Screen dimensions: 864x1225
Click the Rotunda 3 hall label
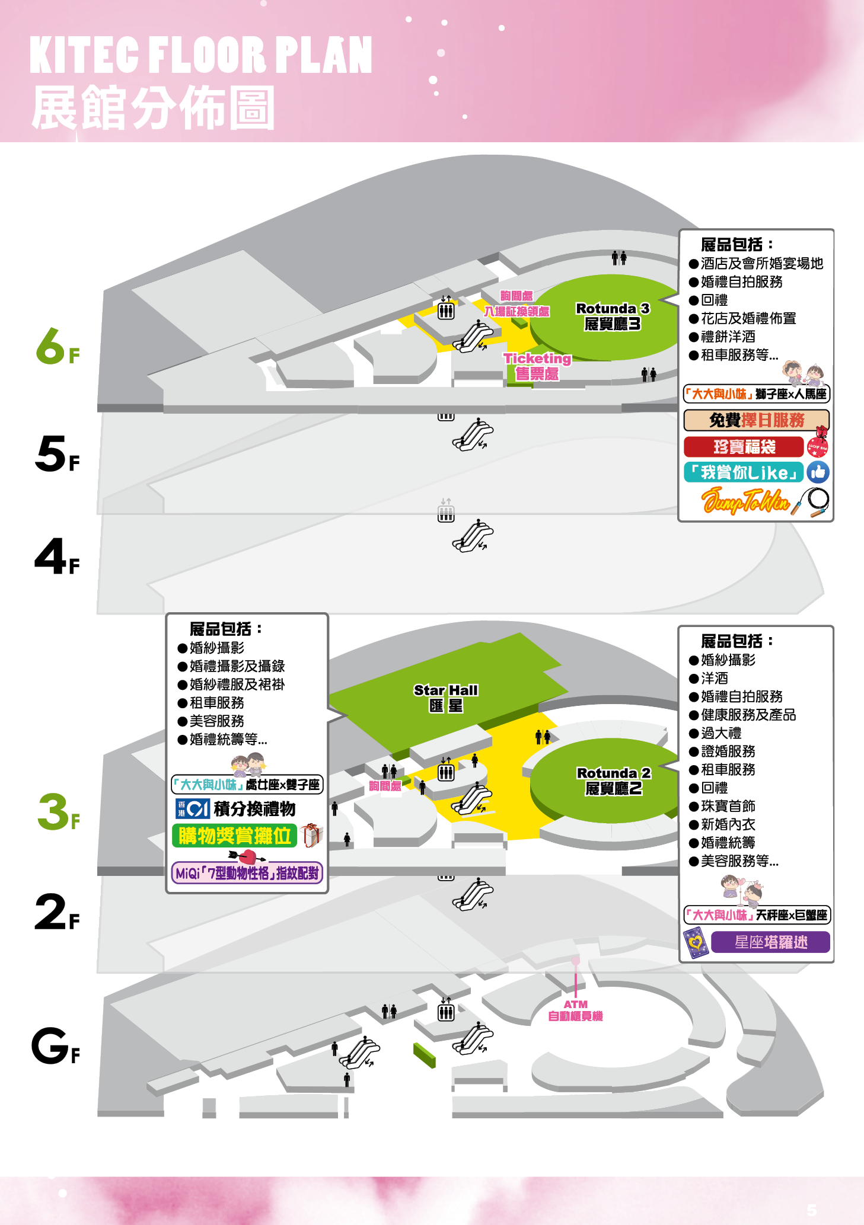pyautogui.click(x=613, y=316)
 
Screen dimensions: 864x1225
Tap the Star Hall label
pyautogui.click(x=446, y=698)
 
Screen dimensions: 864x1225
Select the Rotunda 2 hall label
pyautogui.click(x=614, y=781)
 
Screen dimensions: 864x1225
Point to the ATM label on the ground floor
pyautogui.click(x=575, y=1010)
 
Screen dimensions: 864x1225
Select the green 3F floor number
pyautogui.click(x=58, y=812)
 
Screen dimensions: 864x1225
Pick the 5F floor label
pyautogui.click(x=57, y=454)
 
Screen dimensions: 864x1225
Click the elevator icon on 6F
pyautogui.click(x=446, y=308)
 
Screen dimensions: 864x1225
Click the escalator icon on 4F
pyautogui.click(x=473, y=536)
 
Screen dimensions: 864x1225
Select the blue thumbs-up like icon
pyautogui.click(x=818, y=472)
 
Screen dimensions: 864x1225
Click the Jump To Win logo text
pyautogui.click(x=745, y=501)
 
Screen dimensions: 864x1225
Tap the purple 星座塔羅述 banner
pyautogui.click(x=770, y=942)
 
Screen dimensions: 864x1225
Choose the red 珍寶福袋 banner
pyautogui.click(x=744, y=446)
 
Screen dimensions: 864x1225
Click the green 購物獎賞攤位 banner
pyautogui.click(x=235, y=836)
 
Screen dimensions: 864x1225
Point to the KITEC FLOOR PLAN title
pyautogui.click(x=201, y=55)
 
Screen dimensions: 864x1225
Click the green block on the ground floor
pyautogui.click(x=425, y=1056)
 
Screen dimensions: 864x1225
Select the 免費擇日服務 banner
pyautogui.click(x=757, y=420)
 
